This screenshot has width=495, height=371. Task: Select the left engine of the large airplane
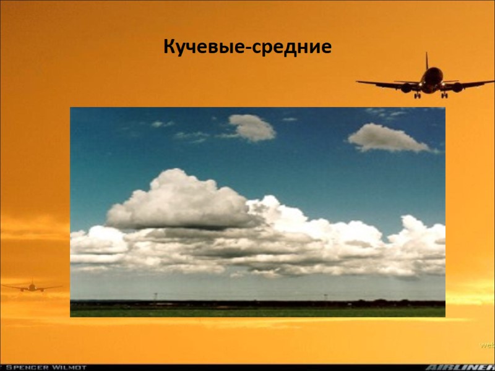point(406,88)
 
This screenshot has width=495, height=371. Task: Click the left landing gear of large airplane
point(418,95)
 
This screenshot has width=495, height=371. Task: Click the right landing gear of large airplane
point(444,95)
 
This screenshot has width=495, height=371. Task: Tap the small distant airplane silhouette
point(31,286)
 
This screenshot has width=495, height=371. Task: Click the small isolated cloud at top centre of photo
point(251,127)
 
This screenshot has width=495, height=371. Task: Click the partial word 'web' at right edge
point(488,344)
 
